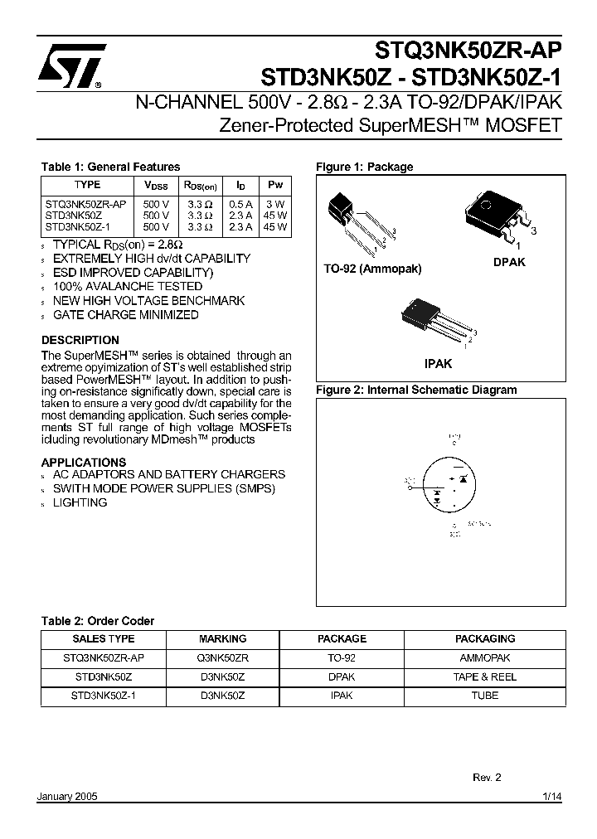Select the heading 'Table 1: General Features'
pos(110,167)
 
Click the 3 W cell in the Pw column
pos(274,204)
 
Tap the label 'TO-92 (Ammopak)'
pos(372,269)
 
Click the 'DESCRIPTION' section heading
pos(80,340)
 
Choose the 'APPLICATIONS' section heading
pos(84,462)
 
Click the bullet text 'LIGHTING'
pos(80,502)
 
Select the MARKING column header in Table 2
pos(222,639)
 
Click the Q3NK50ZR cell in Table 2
pos(222,657)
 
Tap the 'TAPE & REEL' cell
pos(485,677)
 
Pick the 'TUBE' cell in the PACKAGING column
pos(485,696)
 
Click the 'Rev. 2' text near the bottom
pos(487,778)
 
